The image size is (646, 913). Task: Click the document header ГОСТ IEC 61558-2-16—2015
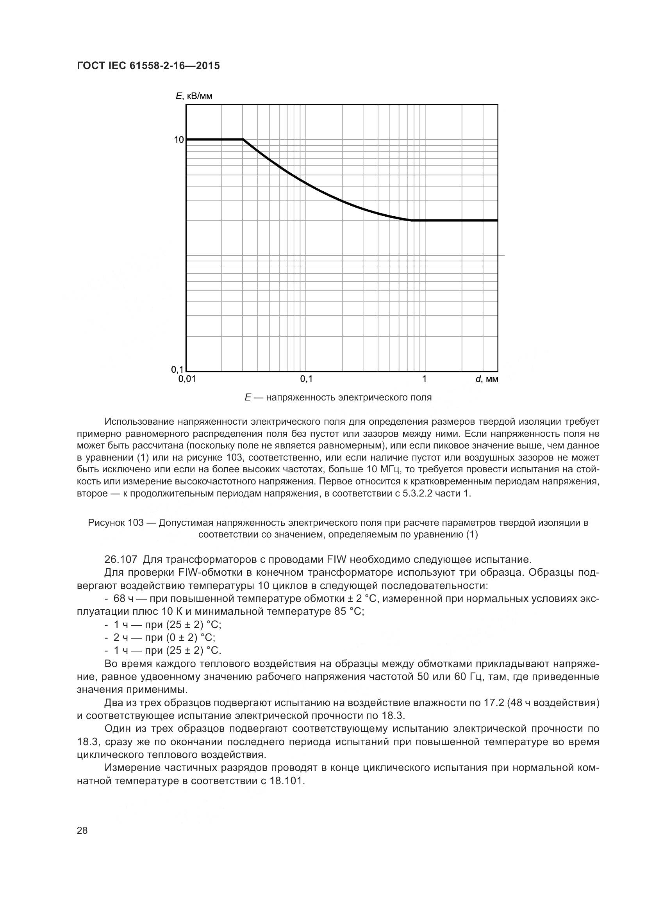[x=148, y=66]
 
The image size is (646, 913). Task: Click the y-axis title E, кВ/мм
[x=194, y=96]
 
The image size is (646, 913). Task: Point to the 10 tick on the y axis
[x=178, y=140]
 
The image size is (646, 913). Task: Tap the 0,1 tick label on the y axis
[x=177, y=369]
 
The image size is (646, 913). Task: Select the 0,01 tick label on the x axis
[x=187, y=379]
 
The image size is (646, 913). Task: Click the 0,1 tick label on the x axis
[x=306, y=379]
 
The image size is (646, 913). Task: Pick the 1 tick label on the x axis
[x=424, y=379]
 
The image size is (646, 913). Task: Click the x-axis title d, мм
[x=487, y=379]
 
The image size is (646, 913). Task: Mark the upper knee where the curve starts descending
[x=243, y=140]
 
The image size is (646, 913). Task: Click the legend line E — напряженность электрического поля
[x=338, y=397]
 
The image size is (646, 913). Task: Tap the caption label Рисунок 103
[x=115, y=523]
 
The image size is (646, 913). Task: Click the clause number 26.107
[x=121, y=559]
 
